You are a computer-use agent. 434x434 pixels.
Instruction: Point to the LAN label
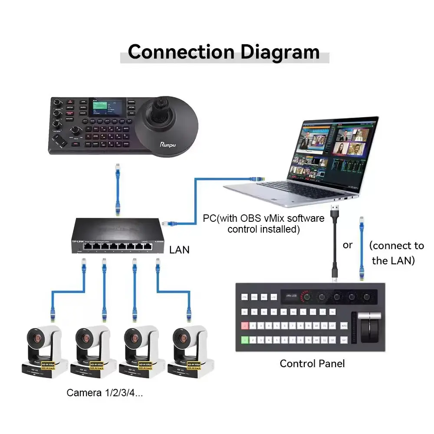179,250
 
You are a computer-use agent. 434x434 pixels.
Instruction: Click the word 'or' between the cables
348,245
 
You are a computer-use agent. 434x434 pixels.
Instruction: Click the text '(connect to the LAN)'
397,253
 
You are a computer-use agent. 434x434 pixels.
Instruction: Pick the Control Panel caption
312,363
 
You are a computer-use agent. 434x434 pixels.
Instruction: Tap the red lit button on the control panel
245,325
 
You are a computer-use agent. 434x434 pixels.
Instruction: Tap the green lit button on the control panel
245,340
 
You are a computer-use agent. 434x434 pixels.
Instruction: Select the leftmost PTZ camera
44,352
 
